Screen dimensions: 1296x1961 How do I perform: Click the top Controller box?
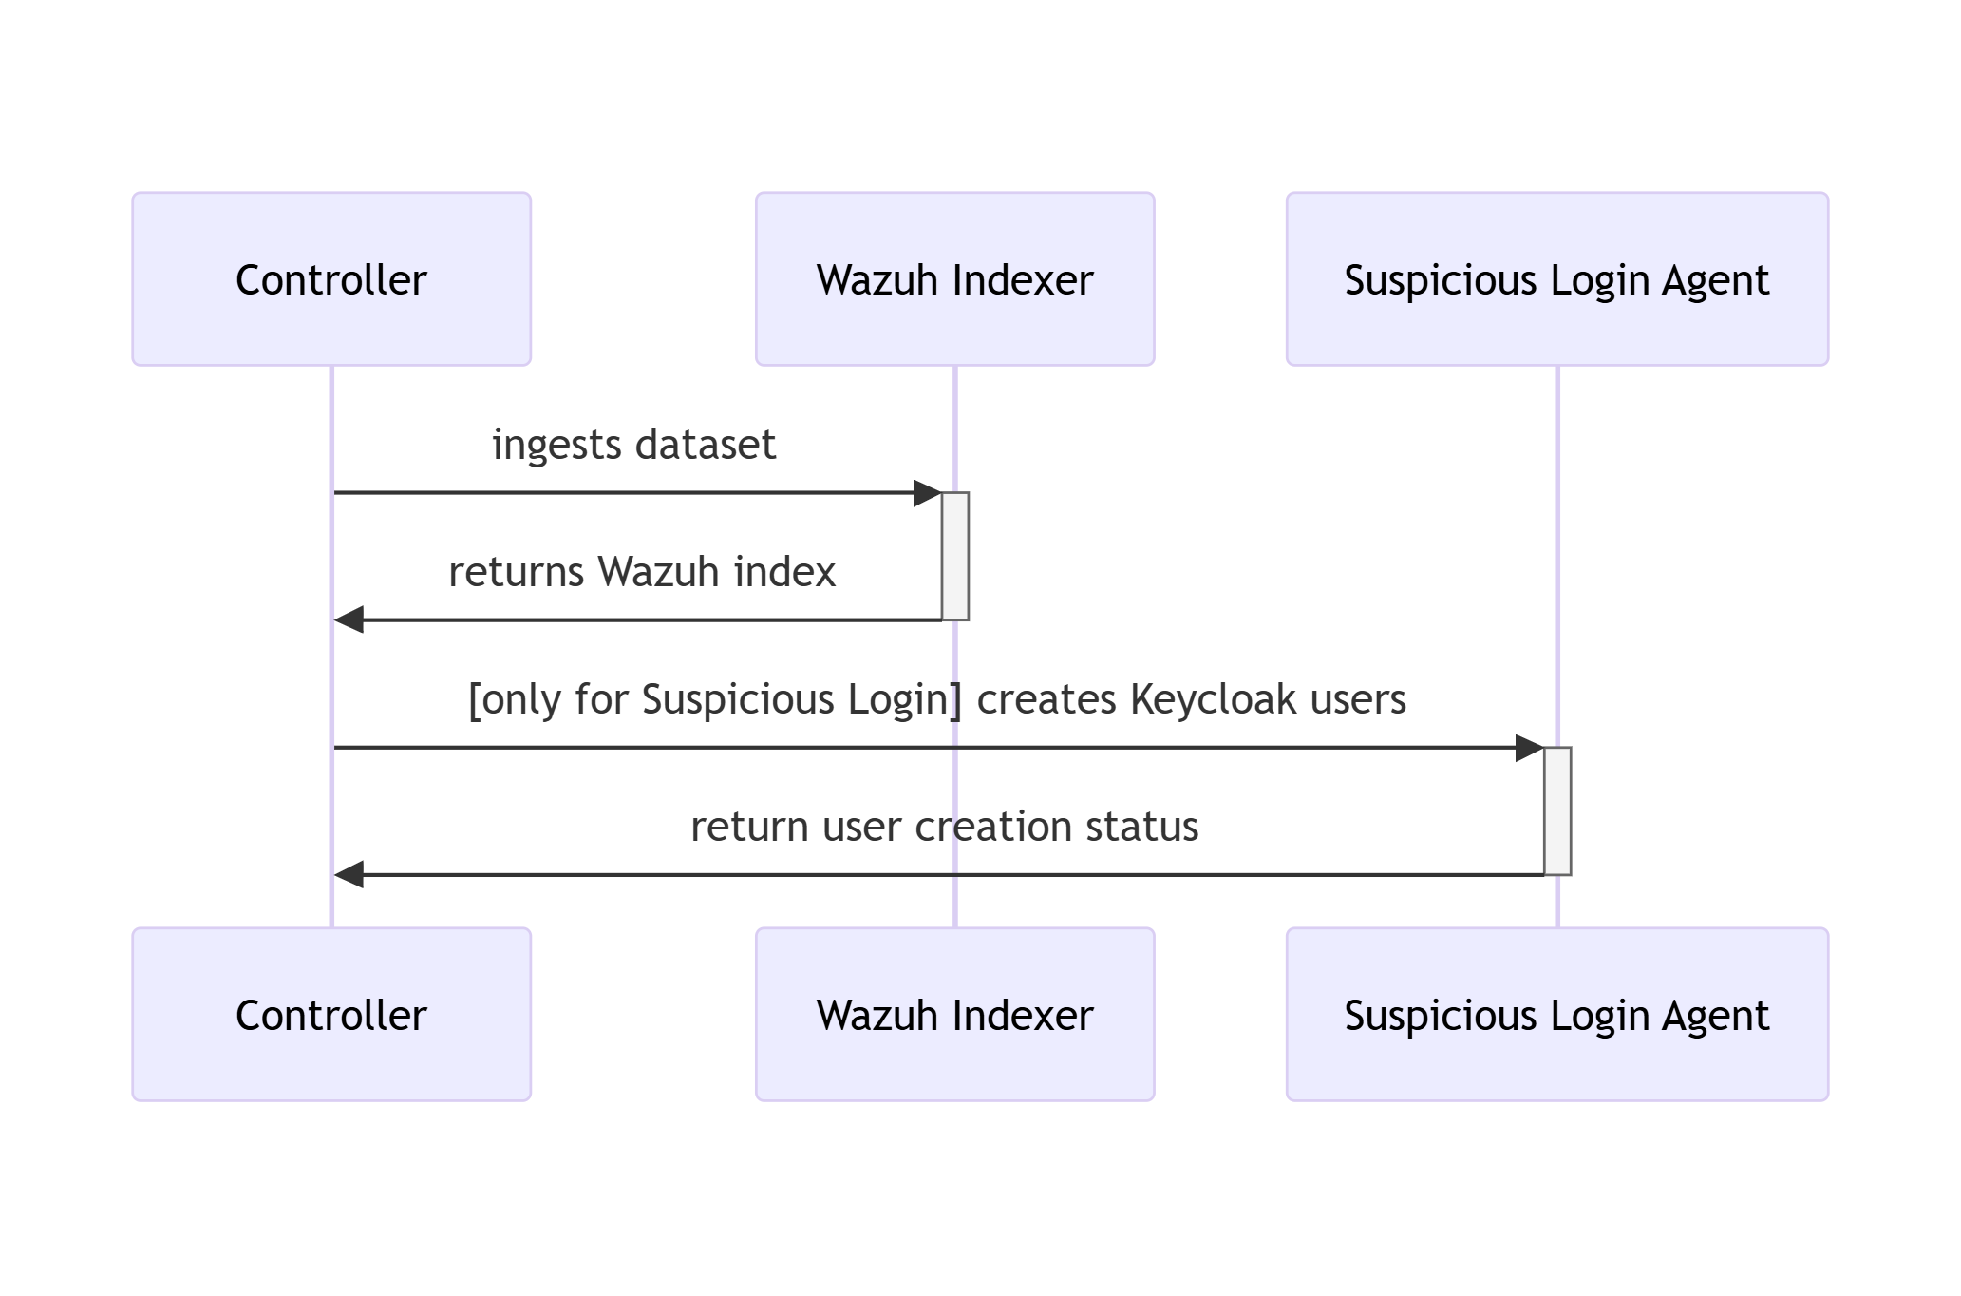tap(330, 279)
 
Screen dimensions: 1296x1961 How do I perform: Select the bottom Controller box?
tap(330, 1015)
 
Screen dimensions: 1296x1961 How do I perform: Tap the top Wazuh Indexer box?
tap(954, 279)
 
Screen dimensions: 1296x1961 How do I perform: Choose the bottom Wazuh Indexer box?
tap(954, 1015)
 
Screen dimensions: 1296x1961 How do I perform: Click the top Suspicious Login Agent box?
tap(1556, 279)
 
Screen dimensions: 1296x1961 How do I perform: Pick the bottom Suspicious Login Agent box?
tap(1556, 1015)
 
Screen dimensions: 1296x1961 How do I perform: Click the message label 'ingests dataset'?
tap(633, 445)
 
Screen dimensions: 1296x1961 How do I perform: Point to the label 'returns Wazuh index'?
tap(642, 572)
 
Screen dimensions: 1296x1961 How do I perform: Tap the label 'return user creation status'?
tap(944, 827)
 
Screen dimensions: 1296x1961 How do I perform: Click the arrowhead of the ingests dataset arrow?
tap(927, 493)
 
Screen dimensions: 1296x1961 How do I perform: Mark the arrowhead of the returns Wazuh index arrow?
tap(349, 620)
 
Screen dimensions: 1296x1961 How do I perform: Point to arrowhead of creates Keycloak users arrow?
tap(1529, 748)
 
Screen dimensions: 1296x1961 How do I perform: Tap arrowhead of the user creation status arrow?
tap(349, 875)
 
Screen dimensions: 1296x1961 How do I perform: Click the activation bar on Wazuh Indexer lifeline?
tap(955, 556)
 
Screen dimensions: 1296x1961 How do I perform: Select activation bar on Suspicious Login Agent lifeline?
tap(1557, 810)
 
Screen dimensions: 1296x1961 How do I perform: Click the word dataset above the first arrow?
tap(706, 445)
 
